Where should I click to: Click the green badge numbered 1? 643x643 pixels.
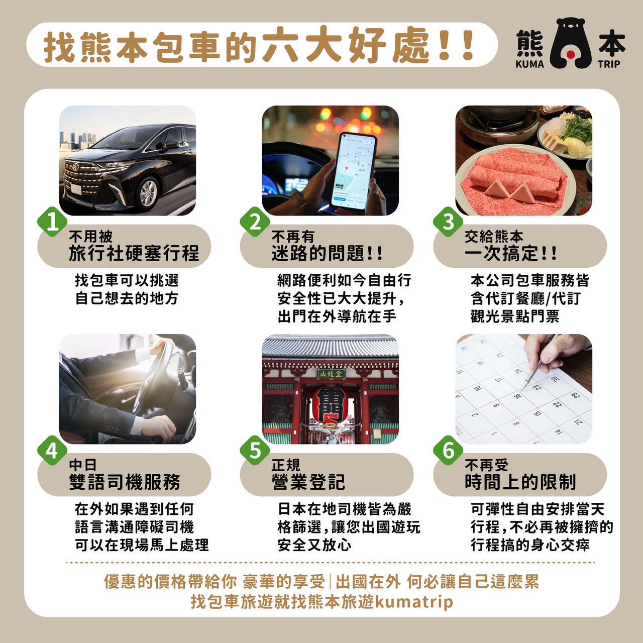pyautogui.click(x=52, y=222)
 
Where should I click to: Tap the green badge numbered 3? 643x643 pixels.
pyautogui.click(x=448, y=222)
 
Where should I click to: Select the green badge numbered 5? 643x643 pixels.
pyautogui.click(x=255, y=451)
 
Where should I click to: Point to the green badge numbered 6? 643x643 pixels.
pyautogui.click(x=448, y=451)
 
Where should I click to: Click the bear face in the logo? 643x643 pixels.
pyautogui.click(x=571, y=43)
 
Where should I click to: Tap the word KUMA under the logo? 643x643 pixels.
pyautogui.click(x=529, y=64)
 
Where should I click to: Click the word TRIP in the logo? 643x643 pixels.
pyautogui.click(x=609, y=64)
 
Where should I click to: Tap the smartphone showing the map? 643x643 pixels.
pyautogui.click(x=354, y=173)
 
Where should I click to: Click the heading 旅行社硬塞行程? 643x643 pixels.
pyautogui.click(x=134, y=253)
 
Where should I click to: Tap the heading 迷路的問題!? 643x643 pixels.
pyautogui.click(x=327, y=253)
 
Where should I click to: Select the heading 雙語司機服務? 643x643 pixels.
pyautogui.click(x=125, y=482)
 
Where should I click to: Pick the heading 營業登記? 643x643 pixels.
pyautogui.click(x=308, y=482)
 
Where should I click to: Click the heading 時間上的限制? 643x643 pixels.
pyautogui.click(x=520, y=482)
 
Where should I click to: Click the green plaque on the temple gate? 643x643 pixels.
pyautogui.click(x=331, y=374)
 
